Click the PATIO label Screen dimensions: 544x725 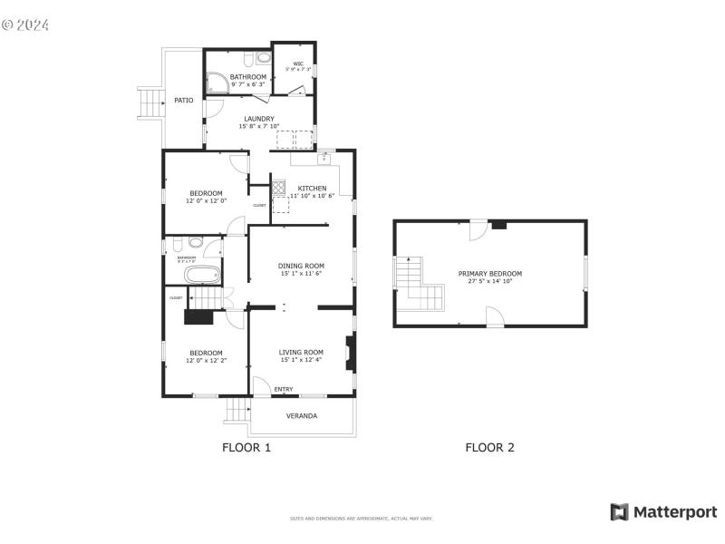point(184,101)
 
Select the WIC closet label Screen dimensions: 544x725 point(298,63)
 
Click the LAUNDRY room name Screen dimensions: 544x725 point(258,119)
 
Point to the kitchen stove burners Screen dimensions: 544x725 point(279,189)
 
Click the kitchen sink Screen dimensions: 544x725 point(324,158)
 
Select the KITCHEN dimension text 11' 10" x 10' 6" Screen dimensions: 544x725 point(313,196)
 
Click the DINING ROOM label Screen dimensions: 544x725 point(301,266)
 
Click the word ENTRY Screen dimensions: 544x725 point(284,390)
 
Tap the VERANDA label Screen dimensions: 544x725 point(302,416)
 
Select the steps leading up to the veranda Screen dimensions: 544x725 point(237,411)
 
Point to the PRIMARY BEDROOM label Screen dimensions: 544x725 point(489,273)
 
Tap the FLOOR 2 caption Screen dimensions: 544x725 point(489,447)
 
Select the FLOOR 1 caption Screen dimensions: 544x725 point(246,447)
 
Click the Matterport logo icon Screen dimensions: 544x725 point(620,512)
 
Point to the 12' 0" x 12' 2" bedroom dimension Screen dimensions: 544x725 point(206,361)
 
